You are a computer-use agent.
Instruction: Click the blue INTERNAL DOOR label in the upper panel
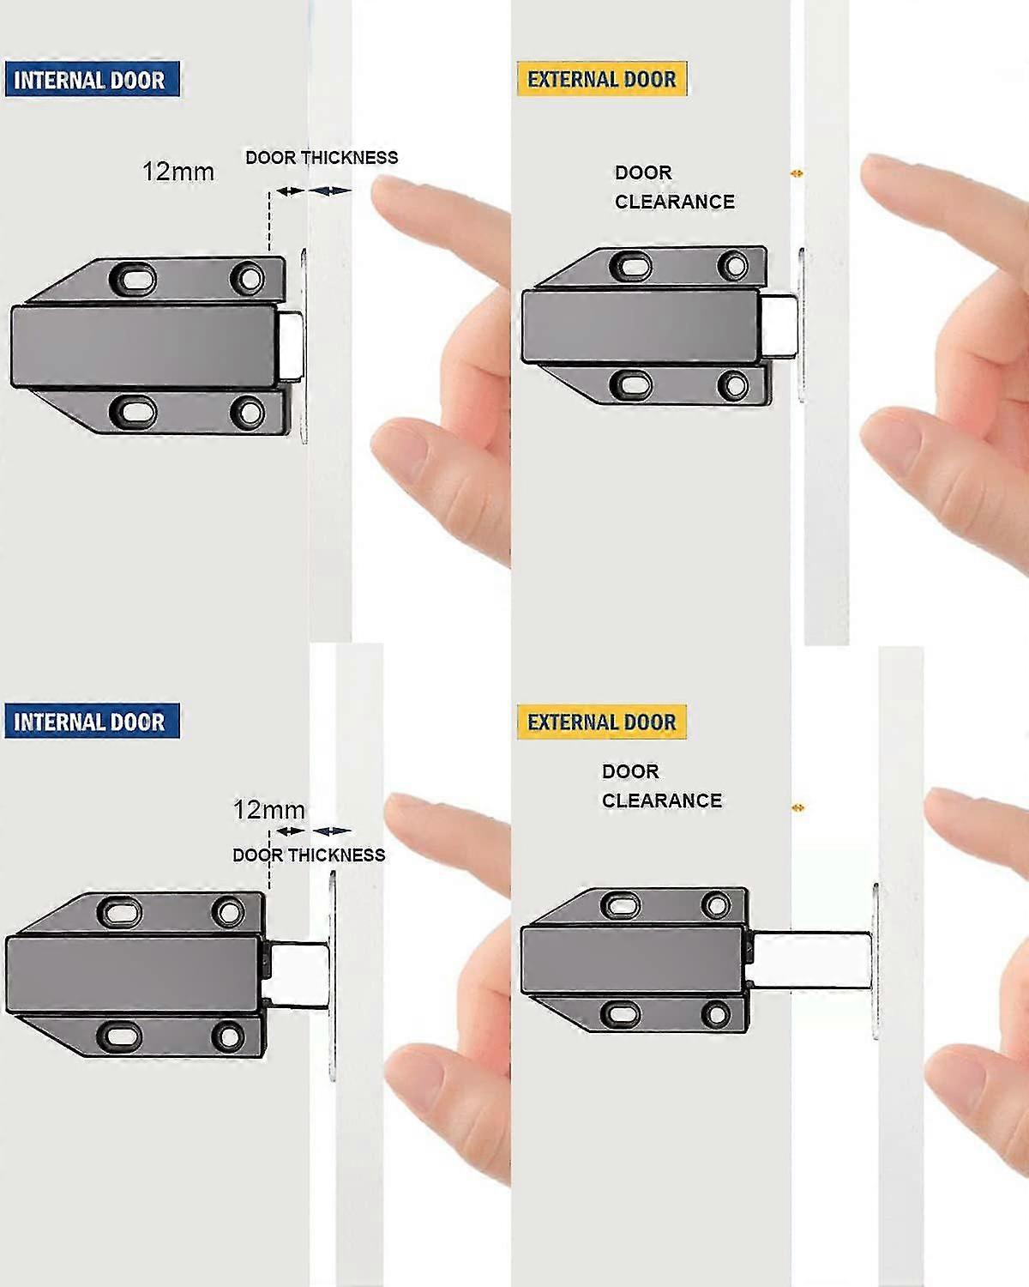click(90, 80)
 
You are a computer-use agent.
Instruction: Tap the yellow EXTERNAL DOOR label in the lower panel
click(601, 722)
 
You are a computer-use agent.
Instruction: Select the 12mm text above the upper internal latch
click(178, 172)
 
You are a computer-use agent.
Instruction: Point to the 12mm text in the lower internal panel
click(268, 809)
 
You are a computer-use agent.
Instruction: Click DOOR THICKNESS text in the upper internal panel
click(322, 158)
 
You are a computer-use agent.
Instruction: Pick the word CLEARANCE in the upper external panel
click(674, 202)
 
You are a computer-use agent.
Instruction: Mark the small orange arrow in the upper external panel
click(797, 173)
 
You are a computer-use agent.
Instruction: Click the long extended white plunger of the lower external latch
click(810, 961)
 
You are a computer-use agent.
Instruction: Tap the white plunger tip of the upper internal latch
click(292, 345)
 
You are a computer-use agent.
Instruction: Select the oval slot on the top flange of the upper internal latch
click(133, 279)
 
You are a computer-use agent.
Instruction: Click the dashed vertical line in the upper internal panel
click(269, 223)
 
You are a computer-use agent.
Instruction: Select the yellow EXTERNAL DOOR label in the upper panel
click(601, 79)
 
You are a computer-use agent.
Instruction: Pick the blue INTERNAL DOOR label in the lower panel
click(90, 722)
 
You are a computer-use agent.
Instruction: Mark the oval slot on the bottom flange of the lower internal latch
click(122, 1036)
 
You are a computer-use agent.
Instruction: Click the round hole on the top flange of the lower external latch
click(715, 904)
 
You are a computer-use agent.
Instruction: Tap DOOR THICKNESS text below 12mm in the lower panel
click(309, 855)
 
